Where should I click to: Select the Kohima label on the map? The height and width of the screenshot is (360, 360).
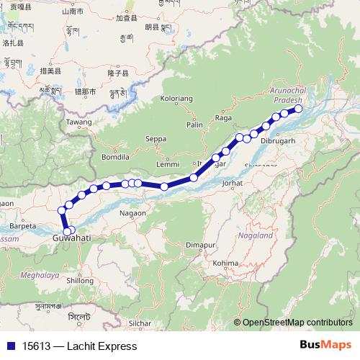225,264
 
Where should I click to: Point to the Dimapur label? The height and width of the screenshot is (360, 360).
201,246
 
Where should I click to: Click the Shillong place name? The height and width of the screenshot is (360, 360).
80,281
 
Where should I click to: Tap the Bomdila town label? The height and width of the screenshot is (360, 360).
114,156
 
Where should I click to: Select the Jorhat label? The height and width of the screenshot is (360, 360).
233,183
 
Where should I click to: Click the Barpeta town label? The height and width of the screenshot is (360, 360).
23,225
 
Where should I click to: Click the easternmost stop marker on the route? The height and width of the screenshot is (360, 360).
298,110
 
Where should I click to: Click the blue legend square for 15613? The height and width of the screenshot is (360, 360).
10,346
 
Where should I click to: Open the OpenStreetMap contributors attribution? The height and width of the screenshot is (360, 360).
297,323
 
